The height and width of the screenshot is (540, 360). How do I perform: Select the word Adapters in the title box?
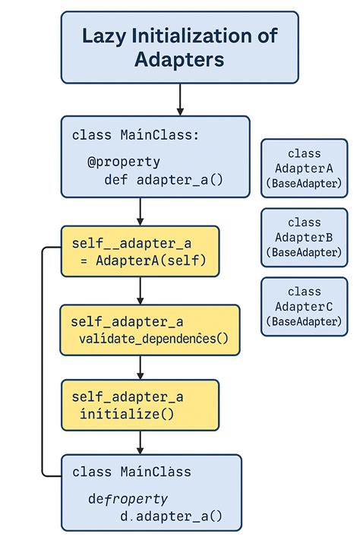[179, 59]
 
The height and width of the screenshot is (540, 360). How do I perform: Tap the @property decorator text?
[124, 161]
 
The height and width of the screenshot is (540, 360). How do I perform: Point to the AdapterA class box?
[304, 169]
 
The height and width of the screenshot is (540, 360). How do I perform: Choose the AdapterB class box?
[304, 237]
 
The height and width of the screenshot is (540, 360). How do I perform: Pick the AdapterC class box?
[304, 305]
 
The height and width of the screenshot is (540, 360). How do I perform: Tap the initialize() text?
[128, 414]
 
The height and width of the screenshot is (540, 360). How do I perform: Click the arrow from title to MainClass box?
[180, 99]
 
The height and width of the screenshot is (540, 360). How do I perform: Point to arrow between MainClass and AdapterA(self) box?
[141, 212]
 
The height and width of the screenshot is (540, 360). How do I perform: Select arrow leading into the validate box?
[141, 291]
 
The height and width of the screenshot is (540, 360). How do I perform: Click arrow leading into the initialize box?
[141, 368]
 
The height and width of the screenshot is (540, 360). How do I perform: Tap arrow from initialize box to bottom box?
[141, 442]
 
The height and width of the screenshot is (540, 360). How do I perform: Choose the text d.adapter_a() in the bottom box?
[172, 516]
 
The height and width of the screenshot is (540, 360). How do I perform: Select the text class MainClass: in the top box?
[135, 135]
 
